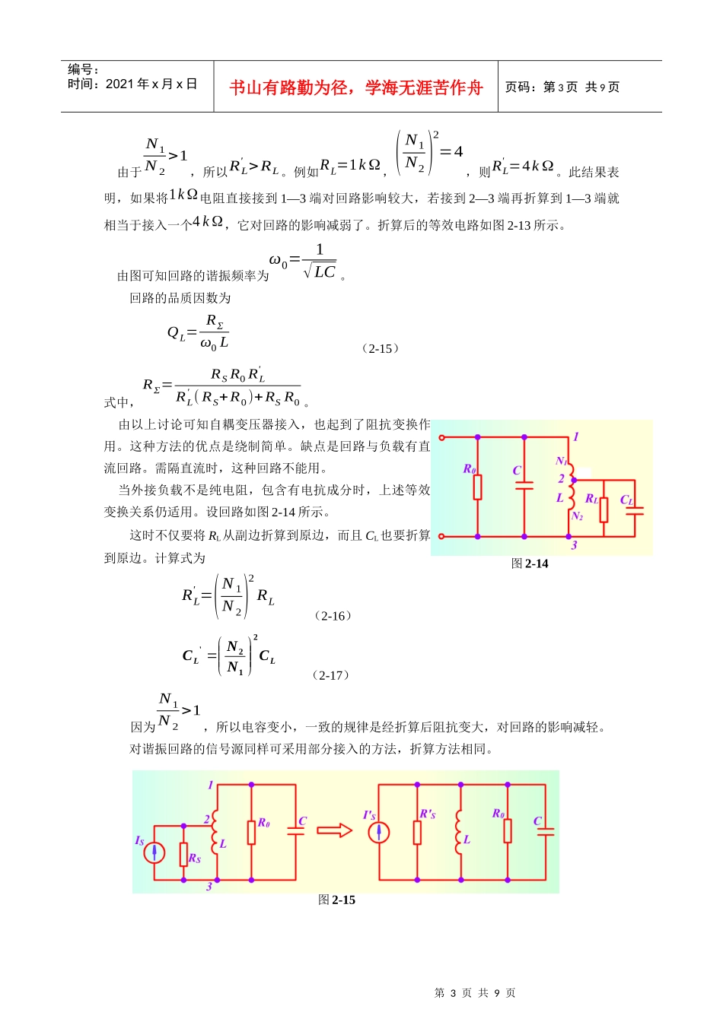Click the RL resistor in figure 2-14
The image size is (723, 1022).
pos(604,510)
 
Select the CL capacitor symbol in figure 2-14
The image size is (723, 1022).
pos(635,510)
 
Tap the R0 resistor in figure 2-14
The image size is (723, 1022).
pos(477,487)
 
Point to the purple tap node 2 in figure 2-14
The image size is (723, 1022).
pos(574,480)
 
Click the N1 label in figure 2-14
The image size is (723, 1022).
pos(561,461)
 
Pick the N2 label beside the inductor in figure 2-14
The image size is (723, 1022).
pos(577,516)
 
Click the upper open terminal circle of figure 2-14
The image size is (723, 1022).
pos(441,437)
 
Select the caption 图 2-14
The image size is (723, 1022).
pos(530,564)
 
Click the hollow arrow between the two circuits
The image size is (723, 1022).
pos(334,830)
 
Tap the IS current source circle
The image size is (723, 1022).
pos(154,852)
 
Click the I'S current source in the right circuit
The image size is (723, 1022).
pos(379,832)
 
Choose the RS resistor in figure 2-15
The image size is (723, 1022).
pos(183,854)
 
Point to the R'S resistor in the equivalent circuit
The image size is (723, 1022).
pos(417,832)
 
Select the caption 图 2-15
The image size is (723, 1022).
pos(336,900)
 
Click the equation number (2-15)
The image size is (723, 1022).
pos(380,349)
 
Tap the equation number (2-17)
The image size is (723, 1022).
pos(330,676)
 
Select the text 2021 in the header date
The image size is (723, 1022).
pos(120,84)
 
